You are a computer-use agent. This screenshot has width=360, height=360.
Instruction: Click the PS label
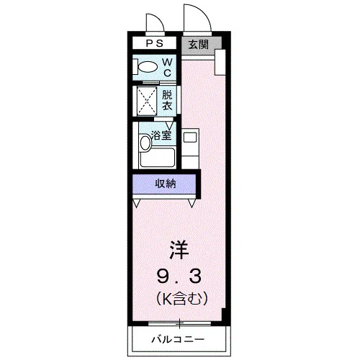155,43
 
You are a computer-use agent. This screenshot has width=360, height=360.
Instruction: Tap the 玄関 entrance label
199,45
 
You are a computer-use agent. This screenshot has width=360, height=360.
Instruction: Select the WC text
168,68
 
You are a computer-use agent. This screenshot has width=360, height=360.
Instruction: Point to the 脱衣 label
167,100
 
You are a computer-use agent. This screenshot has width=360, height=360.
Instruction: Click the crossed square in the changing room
147,100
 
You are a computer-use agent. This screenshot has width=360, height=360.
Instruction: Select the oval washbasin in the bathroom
145,143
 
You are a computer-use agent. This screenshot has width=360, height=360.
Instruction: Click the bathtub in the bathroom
158,158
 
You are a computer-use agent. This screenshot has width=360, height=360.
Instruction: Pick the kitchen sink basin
190,138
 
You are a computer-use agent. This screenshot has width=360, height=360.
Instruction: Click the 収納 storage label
166,184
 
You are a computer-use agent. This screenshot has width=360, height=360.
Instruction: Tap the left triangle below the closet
136,203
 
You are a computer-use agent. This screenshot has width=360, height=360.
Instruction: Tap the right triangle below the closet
192,203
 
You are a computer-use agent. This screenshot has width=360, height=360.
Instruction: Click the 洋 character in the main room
179,250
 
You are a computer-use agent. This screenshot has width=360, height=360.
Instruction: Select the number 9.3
179,276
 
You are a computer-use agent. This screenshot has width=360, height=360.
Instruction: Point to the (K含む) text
181,298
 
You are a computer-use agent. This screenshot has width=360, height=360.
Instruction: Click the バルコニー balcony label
179,339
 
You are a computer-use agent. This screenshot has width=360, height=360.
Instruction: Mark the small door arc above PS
158,19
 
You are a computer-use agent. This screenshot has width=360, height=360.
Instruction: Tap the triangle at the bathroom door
170,125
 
